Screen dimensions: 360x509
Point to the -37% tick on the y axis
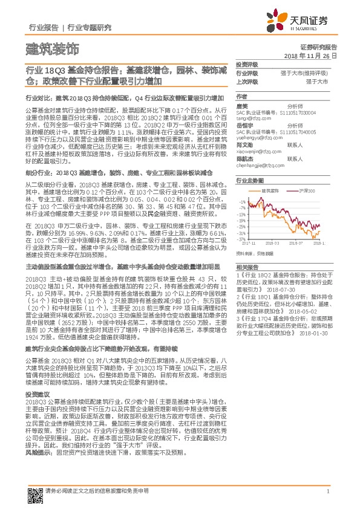[242, 239]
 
